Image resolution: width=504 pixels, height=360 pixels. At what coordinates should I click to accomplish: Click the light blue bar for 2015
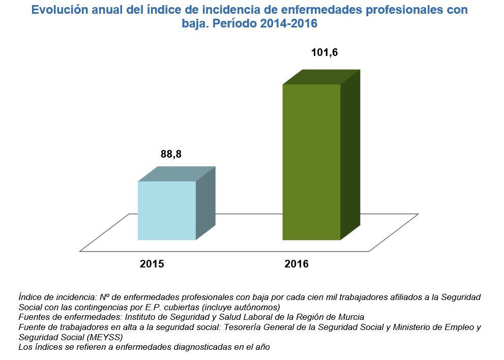[x=167, y=211]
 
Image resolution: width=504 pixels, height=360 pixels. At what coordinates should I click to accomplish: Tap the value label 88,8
[x=171, y=154]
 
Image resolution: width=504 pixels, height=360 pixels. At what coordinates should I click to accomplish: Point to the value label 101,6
[x=324, y=52]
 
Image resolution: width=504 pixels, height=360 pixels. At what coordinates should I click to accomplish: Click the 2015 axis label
[x=152, y=264]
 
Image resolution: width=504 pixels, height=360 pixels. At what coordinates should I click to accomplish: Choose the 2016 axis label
[x=297, y=264]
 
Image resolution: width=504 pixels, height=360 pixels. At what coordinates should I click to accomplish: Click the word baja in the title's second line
[x=193, y=24]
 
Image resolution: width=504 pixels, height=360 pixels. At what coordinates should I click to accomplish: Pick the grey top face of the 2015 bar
[x=177, y=174]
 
